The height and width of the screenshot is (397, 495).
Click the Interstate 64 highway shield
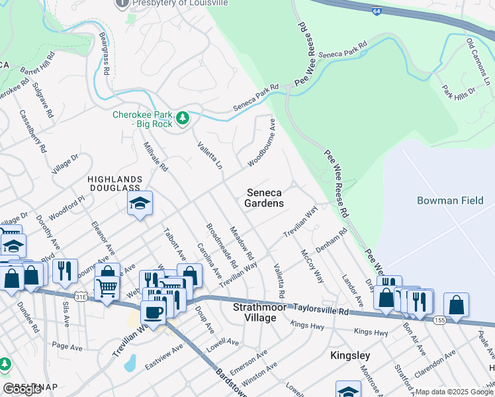tap(375, 13)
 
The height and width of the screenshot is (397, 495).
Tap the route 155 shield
tap(440, 320)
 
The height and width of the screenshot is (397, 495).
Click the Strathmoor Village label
tap(263, 313)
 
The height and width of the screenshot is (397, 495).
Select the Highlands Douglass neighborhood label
tap(116, 184)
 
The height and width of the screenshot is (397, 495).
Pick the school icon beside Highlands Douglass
tap(140, 204)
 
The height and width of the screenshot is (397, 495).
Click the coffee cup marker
tap(154, 313)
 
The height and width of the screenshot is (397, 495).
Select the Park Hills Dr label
tap(459, 93)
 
